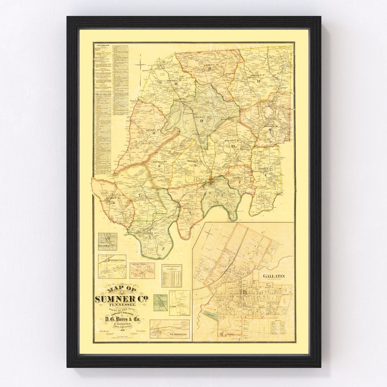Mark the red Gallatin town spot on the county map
coord(213,182)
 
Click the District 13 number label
coord(208,70)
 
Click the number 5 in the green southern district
coord(151,236)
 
